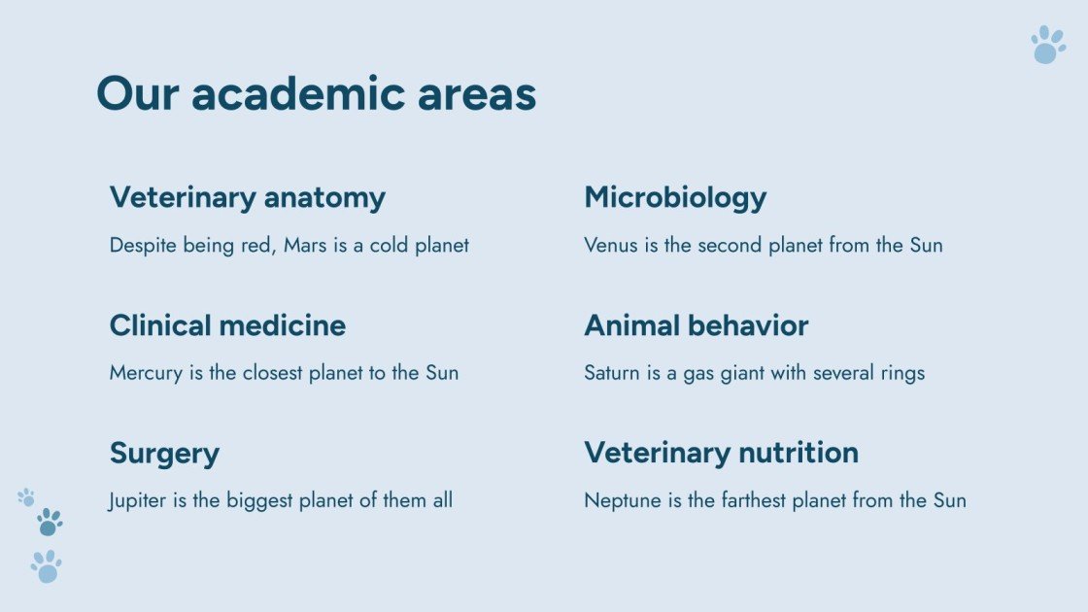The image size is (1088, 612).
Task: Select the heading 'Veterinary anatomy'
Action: pos(247,197)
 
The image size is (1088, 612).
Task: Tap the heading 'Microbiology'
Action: pos(675,197)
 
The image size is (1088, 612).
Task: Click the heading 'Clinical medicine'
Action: pos(227,324)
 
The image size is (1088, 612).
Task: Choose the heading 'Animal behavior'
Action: pos(696,324)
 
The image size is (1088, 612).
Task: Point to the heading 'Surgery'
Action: pos(164,453)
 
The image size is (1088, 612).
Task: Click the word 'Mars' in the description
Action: pos(305,245)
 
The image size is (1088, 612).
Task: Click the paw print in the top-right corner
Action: pos(1048,45)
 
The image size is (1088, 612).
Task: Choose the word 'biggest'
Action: pos(263,500)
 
